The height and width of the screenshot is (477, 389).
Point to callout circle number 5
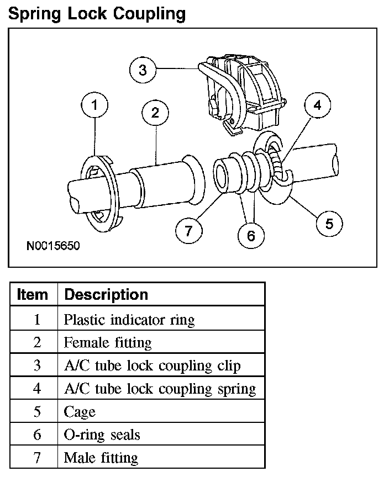point(329,224)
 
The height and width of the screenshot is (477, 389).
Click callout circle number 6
point(251,236)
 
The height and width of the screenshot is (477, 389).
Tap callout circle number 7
point(189,230)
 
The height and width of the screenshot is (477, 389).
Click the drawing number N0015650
point(53,246)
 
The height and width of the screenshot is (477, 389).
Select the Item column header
point(33,294)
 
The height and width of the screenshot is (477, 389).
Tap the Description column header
point(106,294)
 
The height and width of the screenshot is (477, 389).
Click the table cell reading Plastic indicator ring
point(129,319)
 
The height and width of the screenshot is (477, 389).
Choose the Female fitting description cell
point(108,342)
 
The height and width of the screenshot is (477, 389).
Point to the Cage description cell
point(80,412)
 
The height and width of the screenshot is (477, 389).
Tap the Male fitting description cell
point(101,457)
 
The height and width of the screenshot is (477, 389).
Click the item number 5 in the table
point(36,412)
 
